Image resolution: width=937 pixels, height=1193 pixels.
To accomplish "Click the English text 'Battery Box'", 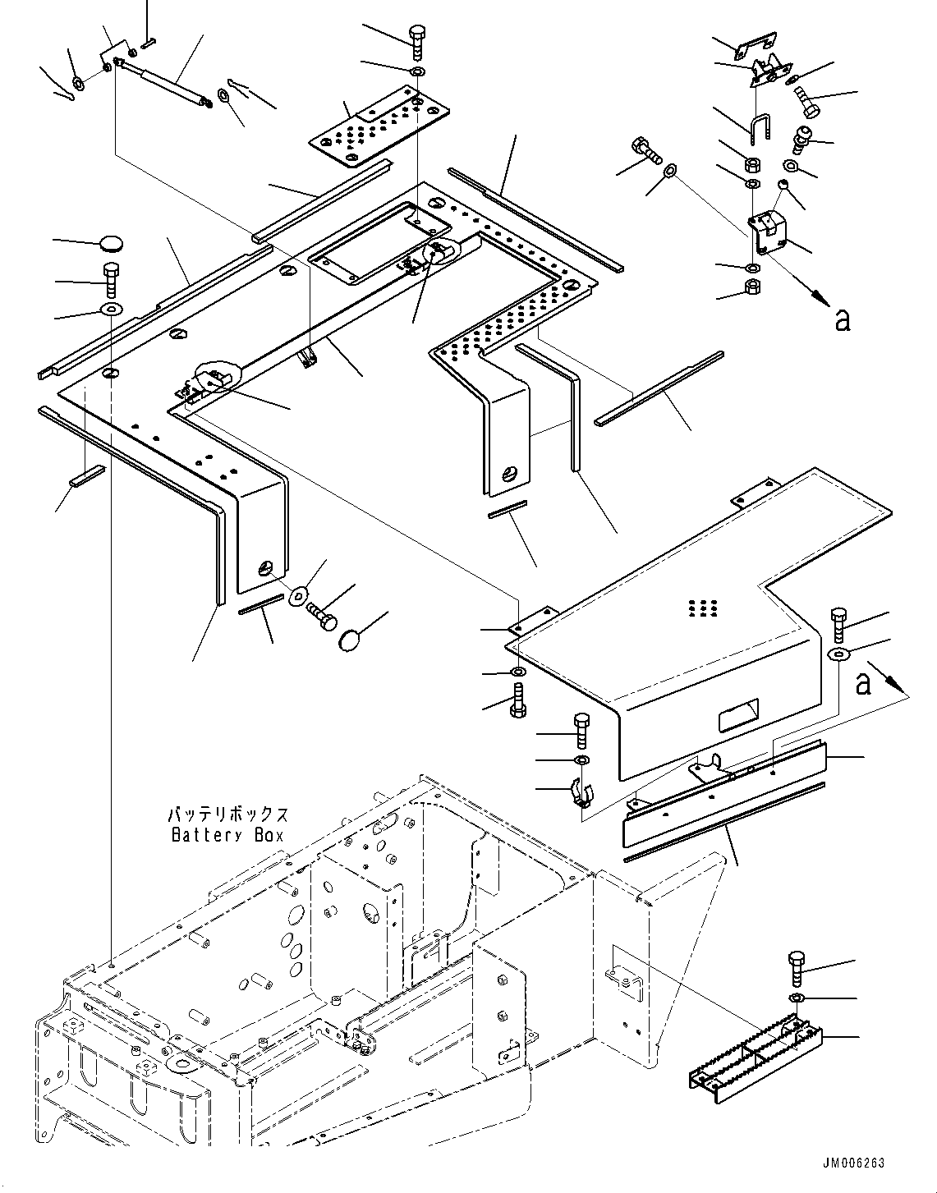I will [x=227, y=835].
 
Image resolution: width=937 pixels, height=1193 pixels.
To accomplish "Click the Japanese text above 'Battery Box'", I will [x=227, y=815].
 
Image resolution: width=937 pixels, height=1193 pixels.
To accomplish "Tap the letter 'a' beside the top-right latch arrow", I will [x=841, y=319].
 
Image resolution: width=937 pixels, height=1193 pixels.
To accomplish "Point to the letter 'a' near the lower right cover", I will [x=862, y=682].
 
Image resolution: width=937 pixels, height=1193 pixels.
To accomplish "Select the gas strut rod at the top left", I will [x=164, y=82].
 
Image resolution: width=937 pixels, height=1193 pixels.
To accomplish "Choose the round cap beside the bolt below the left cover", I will [x=351, y=640].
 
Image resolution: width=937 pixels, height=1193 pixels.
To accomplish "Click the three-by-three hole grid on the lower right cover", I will [x=704, y=608].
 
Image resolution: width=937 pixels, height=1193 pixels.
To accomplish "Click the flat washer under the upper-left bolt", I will [x=109, y=310].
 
